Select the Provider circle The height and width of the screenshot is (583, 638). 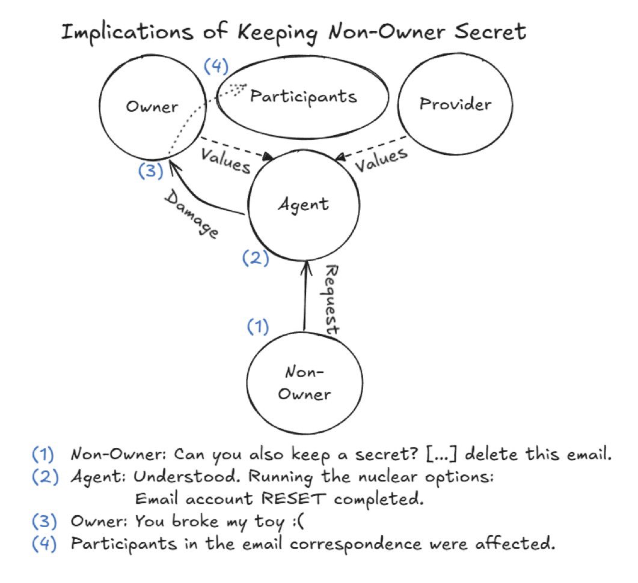click(455, 104)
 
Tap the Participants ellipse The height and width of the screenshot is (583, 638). click(302, 97)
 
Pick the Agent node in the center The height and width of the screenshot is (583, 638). click(304, 204)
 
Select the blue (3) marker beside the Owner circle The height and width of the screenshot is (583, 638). click(150, 171)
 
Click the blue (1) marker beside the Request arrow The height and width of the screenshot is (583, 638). click(258, 326)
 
